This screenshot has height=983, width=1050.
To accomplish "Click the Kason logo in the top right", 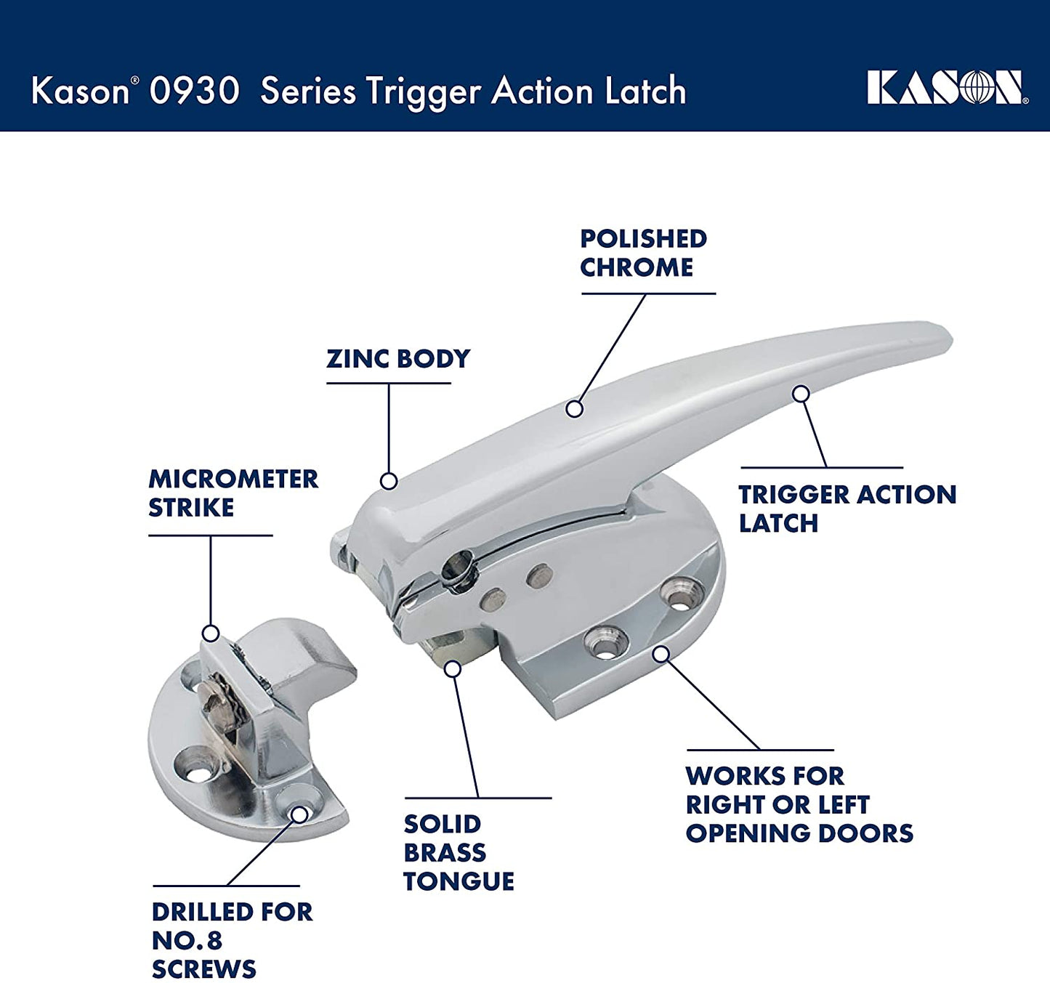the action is [x=948, y=88].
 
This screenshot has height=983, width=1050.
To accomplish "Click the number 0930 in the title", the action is [x=194, y=90].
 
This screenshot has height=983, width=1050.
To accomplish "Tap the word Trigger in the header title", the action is [x=424, y=93].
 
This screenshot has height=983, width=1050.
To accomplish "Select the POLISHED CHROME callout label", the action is [x=643, y=253].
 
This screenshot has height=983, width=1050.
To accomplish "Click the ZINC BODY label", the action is [x=398, y=358].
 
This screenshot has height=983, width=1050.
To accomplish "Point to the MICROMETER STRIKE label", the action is [x=233, y=493].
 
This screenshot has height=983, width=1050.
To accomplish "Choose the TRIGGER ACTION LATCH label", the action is [x=847, y=509].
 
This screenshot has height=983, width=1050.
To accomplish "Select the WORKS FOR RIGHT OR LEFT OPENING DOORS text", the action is [x=799, y=804].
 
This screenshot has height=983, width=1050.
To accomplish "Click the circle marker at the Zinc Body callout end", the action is [x=389, y=481].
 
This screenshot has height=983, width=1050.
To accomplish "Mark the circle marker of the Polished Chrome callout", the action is [x=575, y=409].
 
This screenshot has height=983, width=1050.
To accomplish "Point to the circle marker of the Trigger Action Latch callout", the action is [x=801, y=393].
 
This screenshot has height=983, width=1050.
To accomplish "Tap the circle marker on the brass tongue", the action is [x=453, y=669].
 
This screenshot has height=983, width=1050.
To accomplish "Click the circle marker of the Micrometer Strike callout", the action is [x=211, y=633].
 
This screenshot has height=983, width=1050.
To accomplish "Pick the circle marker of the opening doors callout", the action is [x=661, y=654].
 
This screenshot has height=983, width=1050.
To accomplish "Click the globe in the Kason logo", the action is [x=973, y=88].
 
